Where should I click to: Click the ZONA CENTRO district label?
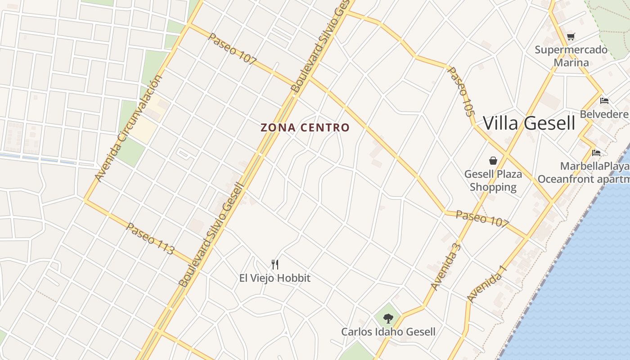pos(305,128)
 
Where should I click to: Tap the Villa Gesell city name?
pos(529,123)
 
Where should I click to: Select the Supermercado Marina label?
pos(571,56)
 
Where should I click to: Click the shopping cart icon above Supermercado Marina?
pos(571,37)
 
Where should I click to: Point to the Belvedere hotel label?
pos(604,114)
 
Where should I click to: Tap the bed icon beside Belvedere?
pos(604,100)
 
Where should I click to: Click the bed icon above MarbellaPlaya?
pos(597,153)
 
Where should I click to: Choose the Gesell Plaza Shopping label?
pos(493,180)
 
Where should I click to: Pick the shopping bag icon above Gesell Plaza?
pos(493,161)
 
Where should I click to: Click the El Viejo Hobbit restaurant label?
pos(275,278)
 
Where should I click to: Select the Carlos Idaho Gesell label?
pos(388,332)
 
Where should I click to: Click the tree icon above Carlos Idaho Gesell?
pos(388,319)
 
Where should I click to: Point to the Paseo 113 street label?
pos(150,239)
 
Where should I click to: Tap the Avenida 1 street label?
pos(487,284)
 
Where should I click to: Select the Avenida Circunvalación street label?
pos(129,129)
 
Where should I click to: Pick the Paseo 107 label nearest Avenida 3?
pos(482,218)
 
